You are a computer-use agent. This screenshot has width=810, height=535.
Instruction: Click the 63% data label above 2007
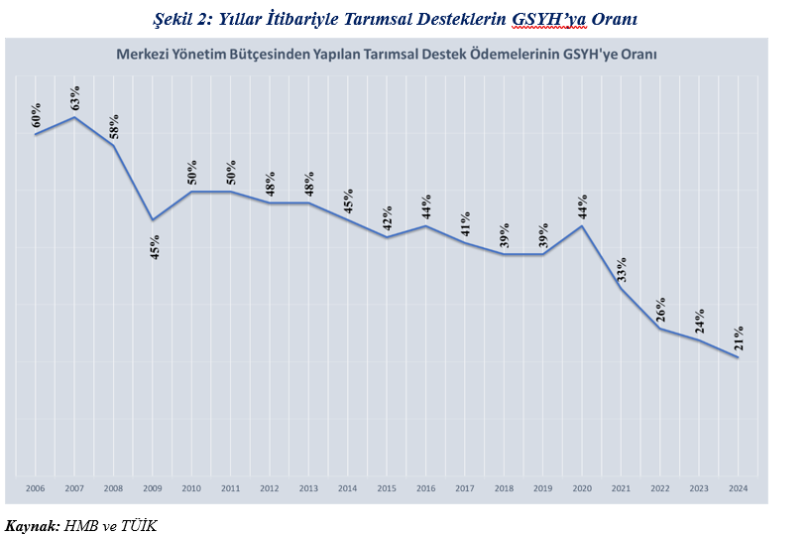(74, 98)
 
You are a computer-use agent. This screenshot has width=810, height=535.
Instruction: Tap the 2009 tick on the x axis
(153, 488)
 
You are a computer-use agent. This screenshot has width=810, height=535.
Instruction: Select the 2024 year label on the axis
(738, 488)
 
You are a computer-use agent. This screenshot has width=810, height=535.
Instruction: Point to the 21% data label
(738, 338)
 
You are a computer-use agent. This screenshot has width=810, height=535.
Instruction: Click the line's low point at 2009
(153, 219)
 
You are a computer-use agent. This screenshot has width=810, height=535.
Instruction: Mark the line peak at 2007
(74, 117)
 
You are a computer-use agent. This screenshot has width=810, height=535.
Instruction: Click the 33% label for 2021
(622, 269)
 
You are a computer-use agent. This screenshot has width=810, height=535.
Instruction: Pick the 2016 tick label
(425, 488)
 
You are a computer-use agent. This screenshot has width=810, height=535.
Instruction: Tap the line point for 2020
(582, 226)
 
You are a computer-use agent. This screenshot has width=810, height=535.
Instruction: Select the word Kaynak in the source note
(31, 524)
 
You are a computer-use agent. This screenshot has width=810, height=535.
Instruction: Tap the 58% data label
(113, 127)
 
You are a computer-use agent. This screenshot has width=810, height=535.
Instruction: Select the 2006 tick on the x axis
(36, 488)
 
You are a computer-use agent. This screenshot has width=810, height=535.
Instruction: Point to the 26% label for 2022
(660, 310)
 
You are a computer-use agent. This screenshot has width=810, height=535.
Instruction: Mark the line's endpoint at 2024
(738, 357)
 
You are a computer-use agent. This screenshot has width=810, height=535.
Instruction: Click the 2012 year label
(270, 488)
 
